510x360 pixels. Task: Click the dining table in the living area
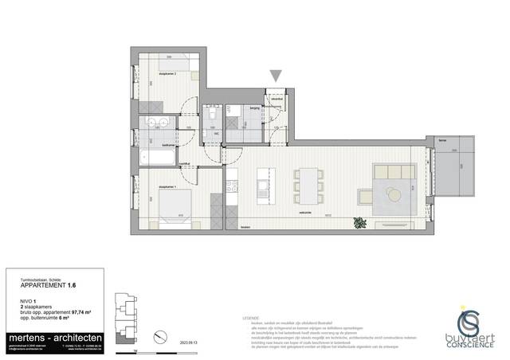click(x=307, y=185)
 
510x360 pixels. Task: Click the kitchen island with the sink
click(x=263, y=188)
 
